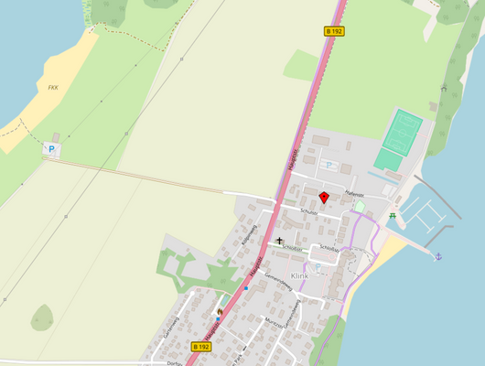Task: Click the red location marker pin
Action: click(x=324, y=197)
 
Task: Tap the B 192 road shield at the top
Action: click(x=335, y=31)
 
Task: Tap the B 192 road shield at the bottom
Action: click(x=201, y=347)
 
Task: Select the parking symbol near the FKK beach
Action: click(x=51, y=148)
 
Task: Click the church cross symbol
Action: click(x=280, y=242)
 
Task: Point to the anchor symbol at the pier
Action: click(x=437, y=255)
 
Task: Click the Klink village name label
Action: click(x=299, y=275)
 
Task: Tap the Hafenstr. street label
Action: click(x=354, y=194)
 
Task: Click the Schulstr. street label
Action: click(x=307, y=211)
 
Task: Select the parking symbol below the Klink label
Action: click(x=318, y=268)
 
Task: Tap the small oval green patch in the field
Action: click(x=42, y=318)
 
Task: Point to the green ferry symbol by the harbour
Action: click(x=393, y=216)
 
